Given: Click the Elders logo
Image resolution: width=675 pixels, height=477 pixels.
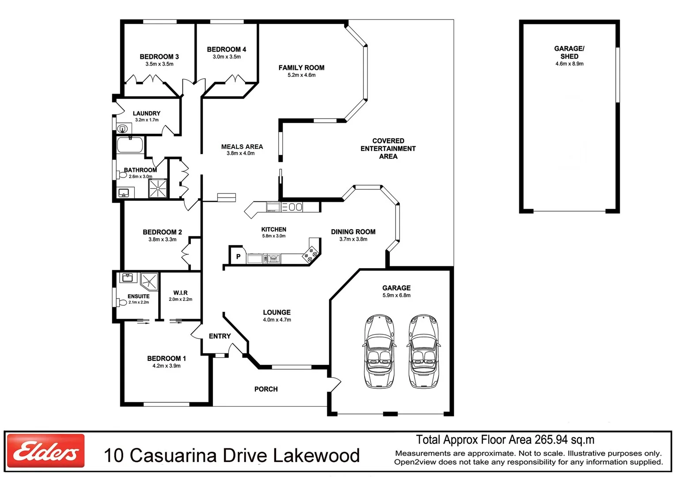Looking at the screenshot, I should coord(46,450).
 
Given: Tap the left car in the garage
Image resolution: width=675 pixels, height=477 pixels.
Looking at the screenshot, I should coord(379,352).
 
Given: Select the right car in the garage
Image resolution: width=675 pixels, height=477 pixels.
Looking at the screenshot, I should coord(424,352).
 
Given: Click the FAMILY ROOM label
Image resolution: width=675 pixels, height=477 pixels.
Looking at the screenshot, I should coord(301,68).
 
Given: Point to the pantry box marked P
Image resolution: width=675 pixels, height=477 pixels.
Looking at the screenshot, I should coord(238,256).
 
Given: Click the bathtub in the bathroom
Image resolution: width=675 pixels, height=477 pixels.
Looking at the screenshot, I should coord(130,145).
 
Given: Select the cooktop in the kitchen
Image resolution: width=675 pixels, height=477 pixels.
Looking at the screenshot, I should coord(311,255).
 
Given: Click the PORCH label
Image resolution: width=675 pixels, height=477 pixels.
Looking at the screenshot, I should coord(266,389).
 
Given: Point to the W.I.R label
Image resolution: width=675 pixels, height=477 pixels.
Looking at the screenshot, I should coord(180,293).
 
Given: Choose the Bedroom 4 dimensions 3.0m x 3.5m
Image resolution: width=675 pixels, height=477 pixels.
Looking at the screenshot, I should coord(227,57).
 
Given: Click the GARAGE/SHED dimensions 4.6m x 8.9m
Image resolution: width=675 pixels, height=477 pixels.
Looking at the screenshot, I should coord(569,64).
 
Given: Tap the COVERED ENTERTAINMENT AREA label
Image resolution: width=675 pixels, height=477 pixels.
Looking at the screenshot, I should coord(388,148).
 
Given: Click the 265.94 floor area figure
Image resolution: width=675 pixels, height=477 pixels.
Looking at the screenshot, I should coord(551,440).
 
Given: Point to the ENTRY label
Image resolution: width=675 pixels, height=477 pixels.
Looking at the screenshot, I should coord(220,336).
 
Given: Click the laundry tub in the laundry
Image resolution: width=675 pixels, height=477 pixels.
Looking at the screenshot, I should coord(123,129).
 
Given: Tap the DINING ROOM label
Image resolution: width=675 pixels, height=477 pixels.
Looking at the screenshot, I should coord(353,232).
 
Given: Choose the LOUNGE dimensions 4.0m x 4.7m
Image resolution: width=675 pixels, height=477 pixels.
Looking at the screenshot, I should coord(277,320).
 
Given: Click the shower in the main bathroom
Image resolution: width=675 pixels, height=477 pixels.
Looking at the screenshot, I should coord(158,188).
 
